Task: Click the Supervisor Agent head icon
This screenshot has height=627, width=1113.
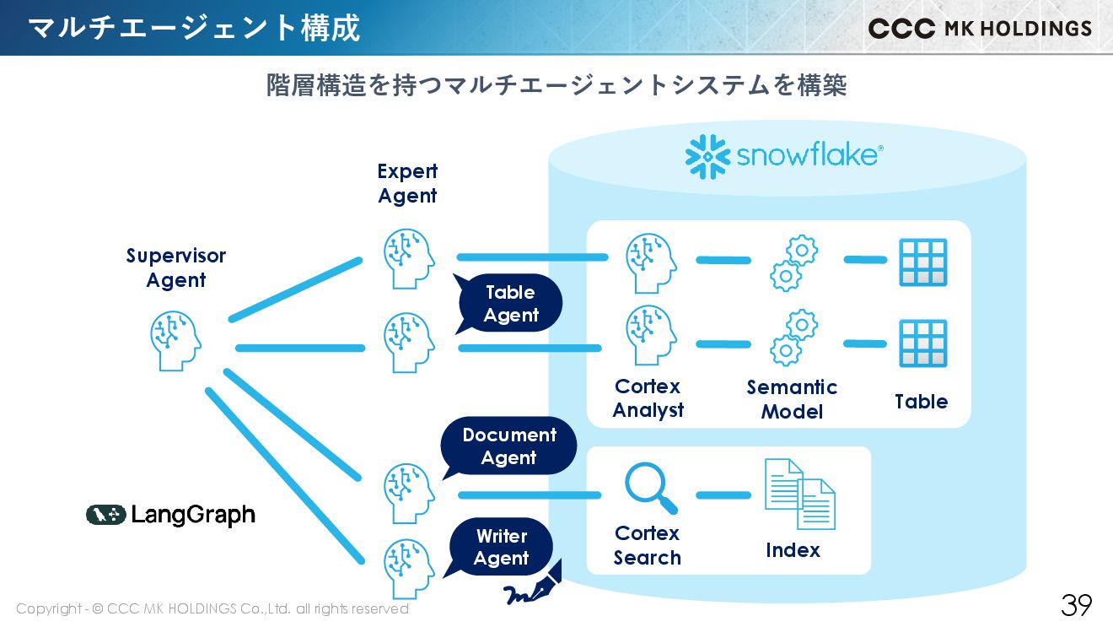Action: pos(175,340)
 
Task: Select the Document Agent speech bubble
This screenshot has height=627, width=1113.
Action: pos(509,446)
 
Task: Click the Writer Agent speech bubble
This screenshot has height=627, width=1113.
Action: pos(502,547)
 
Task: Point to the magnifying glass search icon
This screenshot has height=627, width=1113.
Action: pos(649,488)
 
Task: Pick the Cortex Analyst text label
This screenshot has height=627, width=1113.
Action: pos(648,398)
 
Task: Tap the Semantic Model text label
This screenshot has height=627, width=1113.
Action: pos(792,399)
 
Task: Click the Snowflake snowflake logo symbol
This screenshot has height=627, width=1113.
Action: pos(707,156)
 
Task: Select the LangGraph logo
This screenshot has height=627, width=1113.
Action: pos(170,515)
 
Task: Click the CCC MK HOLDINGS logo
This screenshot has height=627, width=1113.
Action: pos(980,28)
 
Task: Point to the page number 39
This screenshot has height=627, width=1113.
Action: pos(1076,604)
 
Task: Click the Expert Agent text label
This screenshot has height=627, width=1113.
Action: pos(407,183)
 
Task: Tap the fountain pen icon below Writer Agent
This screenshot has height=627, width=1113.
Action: pos(533,586)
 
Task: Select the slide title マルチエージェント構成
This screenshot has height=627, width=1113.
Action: pos(194,28)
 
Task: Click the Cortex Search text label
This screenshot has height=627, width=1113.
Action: pos(647,545)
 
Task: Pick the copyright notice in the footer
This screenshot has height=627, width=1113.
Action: pos(212,608)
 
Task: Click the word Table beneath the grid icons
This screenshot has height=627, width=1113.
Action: pos(921,402)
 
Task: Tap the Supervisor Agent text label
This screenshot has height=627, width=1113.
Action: pos(176,268)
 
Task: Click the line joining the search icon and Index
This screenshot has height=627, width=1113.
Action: pos(723,495)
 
